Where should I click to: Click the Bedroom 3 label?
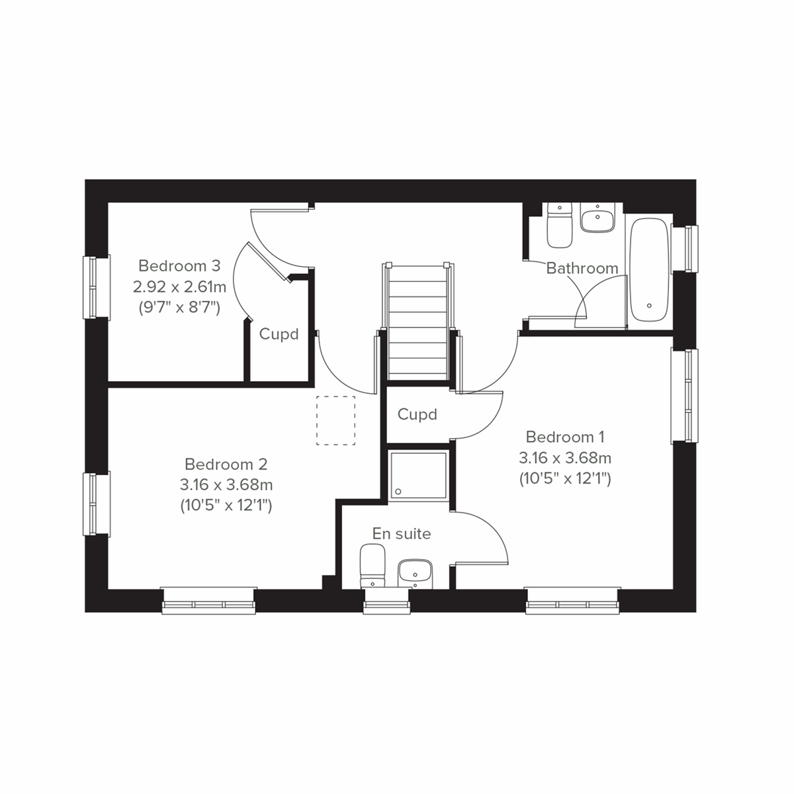point(179,266)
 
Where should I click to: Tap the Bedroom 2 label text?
point(226,464)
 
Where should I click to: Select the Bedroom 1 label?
point(565,437)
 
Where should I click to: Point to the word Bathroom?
point(582,269)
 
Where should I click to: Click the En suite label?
point(402,533)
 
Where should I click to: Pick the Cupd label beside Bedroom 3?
point(279,334)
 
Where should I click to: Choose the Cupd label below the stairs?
point(418,414)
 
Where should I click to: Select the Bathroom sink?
point(598,218)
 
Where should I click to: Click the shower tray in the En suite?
point(418,475)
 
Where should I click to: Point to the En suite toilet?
point(373,566)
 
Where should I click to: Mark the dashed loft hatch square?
point(336,420)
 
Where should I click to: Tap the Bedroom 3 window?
point(96,287)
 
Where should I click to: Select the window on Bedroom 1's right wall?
point(685,396)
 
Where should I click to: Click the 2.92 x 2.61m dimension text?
point(179,287)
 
